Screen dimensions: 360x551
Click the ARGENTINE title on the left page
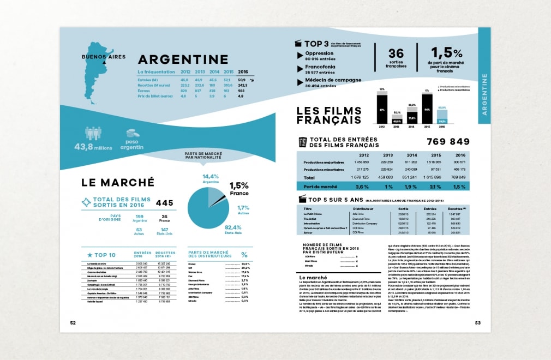pyautogui.click(x=183, y=59)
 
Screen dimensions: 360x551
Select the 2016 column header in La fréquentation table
pyautogui.click(x=243, y=72)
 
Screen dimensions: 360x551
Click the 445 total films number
pyautogui.click(x=164, y=203)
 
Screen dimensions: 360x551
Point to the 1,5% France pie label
pyautogui.click(x=238, y=189)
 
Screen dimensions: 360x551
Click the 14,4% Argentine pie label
pyautogui.click(x=211, y=178)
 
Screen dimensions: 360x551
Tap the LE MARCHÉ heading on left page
pyautogui.click(x=117, y=182)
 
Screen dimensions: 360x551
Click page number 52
pyautogui.click(x=73, y=322)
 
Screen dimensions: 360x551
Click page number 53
pyautogui.click(x=477, y=322)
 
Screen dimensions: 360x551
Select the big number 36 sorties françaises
pyautogui.click(x=396, y=53)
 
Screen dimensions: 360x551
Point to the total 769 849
pyautogui.click(x=448, y=142)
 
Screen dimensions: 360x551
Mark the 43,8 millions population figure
pyautogui.click(x=94, y=147)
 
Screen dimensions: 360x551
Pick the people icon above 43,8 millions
pyautogui.click(x=93, y=134)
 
